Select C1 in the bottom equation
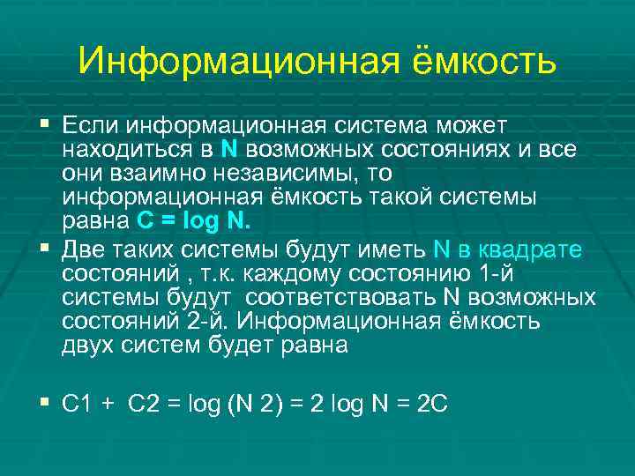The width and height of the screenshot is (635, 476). pos(79,405)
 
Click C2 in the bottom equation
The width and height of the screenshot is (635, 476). pos(145,405)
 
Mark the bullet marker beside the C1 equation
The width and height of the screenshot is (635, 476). pos(45,402)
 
